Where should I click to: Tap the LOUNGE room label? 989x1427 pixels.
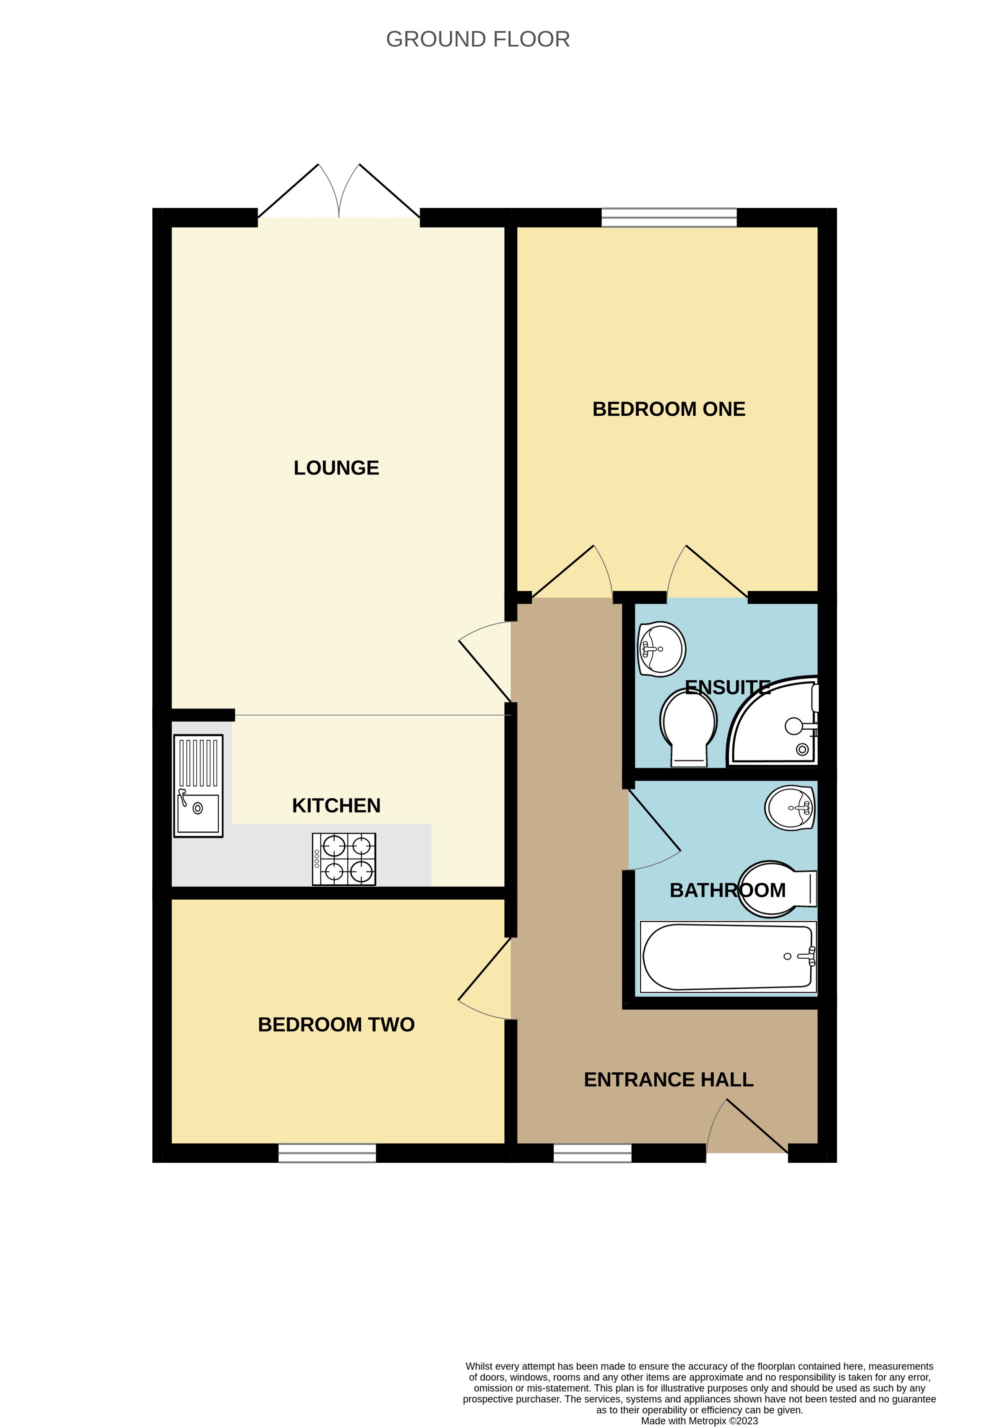coord(336,467)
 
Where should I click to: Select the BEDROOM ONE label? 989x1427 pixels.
coord(669,410)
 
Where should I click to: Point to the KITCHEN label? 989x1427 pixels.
coord(336,805)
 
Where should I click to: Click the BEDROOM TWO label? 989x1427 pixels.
coord(336,1025)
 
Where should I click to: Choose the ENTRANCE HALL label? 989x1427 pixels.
coord(669,1079)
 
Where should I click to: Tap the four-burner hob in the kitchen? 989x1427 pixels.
coord(344,859)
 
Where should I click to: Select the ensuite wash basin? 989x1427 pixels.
coord(662,649)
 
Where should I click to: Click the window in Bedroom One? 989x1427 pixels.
coord(669,218)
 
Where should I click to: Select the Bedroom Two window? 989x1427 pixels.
coord(327,1152)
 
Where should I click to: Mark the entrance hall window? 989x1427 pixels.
coord(592,1152)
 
